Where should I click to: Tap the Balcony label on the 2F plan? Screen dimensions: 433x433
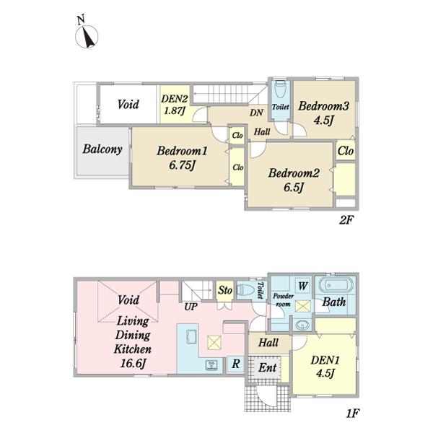102,149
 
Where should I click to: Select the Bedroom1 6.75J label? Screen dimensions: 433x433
182,158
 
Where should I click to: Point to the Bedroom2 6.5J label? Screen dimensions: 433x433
294,180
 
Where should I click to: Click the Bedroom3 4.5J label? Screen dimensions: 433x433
323,113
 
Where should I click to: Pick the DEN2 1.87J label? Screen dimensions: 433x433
175,105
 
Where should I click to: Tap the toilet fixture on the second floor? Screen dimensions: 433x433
280,89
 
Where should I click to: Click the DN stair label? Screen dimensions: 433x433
256,113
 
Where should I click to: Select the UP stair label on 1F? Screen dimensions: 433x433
191,307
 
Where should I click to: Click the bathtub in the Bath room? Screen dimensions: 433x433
336,286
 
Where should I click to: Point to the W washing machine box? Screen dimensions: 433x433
303,286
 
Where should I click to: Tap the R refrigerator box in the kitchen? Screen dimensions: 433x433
235,364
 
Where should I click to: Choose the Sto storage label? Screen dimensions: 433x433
225,290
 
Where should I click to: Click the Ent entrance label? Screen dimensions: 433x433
268,368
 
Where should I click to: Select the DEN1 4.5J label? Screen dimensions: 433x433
325,367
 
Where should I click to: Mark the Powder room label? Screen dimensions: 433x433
283,300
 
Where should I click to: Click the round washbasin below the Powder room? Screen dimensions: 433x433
302,325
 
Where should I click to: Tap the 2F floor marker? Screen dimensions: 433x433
346,220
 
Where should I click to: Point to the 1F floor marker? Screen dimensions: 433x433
353,413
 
